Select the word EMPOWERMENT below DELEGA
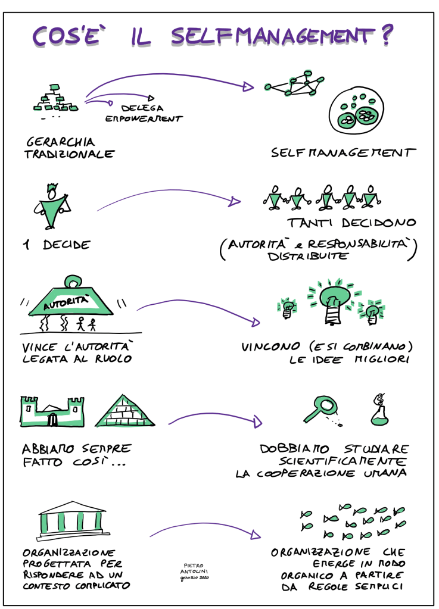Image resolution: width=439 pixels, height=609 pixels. pyautogui.click(x=144, y=118)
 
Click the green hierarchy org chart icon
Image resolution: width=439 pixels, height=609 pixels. pyautogui.click(x=55, y=99)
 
